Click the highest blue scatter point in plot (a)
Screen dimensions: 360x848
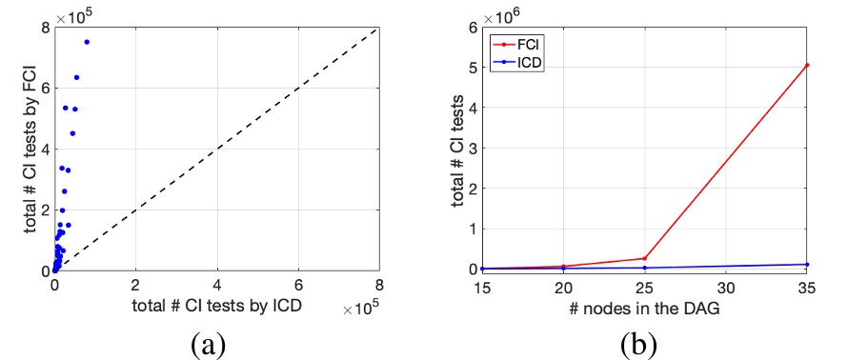(x=87, y=42)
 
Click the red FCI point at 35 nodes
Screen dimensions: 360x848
(x=807, y=65)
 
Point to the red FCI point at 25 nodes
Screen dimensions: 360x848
(x=644, y=258)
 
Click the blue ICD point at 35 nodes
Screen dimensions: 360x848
(x=807, y=264)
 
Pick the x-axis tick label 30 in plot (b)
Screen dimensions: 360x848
(x=725, y=285)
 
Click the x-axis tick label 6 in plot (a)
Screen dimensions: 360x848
(x=298, y=285)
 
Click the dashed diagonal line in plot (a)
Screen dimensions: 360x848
(x=217, y=149)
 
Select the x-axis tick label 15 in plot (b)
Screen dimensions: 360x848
(x=482, y=285)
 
